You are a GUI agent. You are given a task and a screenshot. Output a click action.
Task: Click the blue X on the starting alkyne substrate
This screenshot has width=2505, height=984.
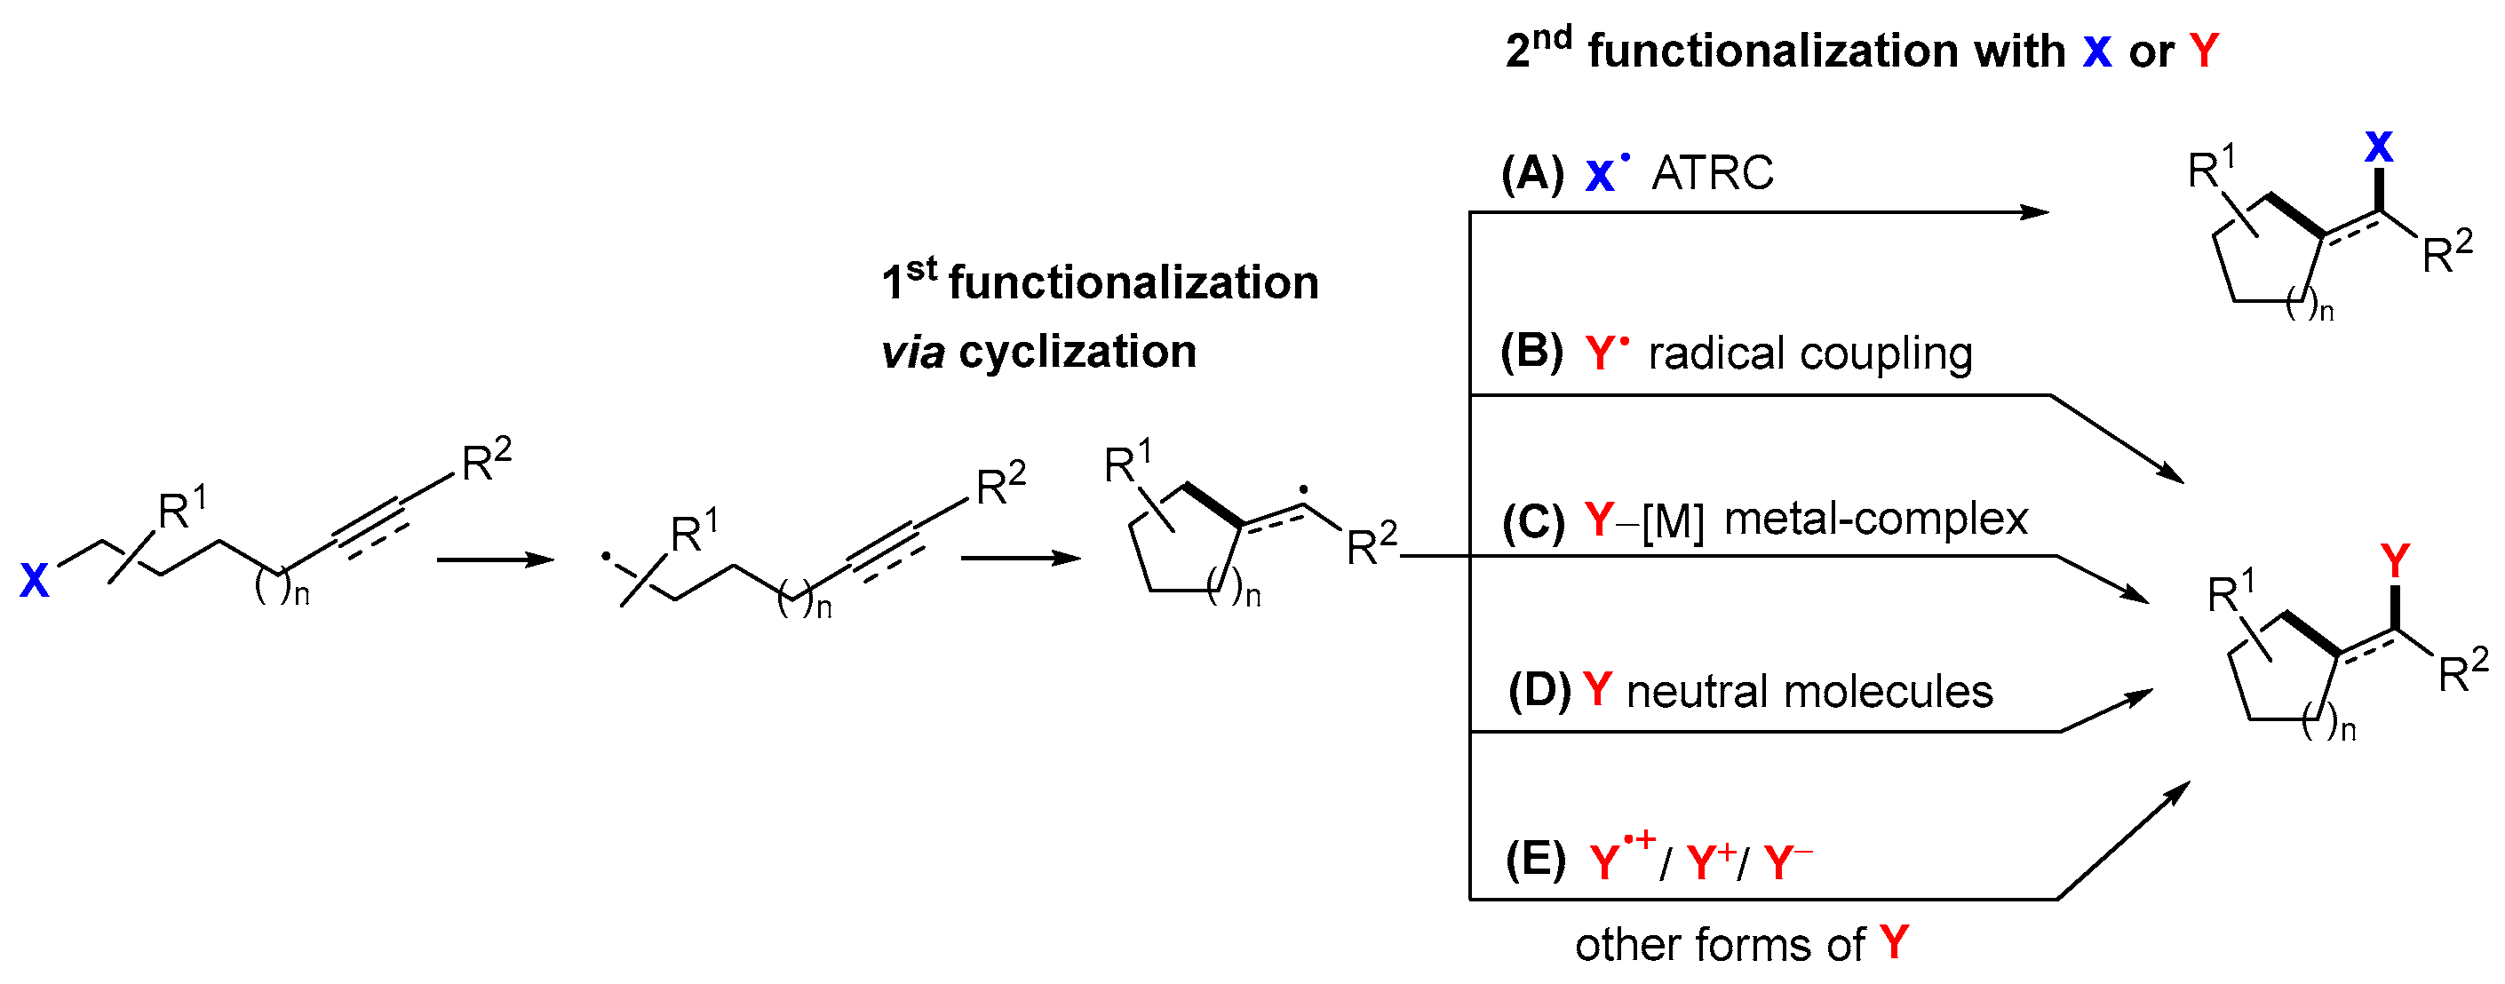pyautogui.click(x=34, y=581)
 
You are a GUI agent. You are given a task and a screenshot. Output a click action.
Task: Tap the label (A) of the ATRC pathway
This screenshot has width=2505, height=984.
pyautogui.click(x=1532, y=174)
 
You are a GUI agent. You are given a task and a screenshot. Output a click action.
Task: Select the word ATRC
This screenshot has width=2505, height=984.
pyautogui.click(x=1713, y=174)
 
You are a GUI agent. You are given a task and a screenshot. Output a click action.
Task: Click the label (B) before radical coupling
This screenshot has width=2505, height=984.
pyautogui.click(x=1531, y=352)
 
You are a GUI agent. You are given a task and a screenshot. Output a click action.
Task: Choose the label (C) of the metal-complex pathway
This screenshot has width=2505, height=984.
pyautogui.click(x=1533, y=521)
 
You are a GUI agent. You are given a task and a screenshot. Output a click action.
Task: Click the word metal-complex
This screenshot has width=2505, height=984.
pyautogui.click(x=1876, y=520)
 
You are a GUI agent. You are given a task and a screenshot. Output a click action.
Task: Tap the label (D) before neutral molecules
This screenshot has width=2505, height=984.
pyautogui.click(x=1539, y=691)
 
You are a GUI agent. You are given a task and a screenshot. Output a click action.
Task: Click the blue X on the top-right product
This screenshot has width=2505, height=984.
pyautogui.click(x=2379, y=147)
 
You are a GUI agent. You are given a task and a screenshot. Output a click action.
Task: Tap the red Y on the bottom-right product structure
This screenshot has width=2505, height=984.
pyautogui.click(x=2395, y=561)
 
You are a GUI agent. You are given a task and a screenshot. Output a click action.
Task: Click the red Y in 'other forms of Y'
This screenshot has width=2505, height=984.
pyautogui.click(x=1895, y=942)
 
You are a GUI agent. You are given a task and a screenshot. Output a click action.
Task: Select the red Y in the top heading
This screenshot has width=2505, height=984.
pyautogui.click(x=2205, y=51)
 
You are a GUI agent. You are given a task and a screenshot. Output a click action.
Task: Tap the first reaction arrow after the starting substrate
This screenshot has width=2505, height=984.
pyautogui.click(x=495, y=559)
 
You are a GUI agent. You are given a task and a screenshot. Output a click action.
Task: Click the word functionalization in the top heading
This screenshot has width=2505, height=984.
pyautogui.click(x=1826, y=51)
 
